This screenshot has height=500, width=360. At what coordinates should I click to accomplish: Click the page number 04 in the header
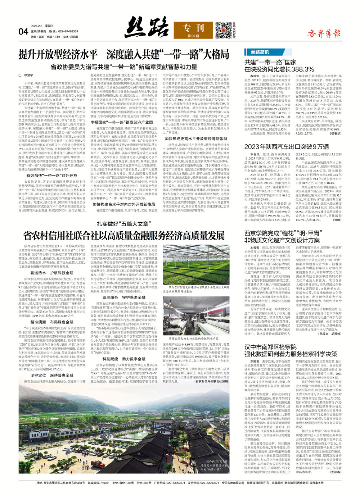pyautogui.click(x=23, y=31)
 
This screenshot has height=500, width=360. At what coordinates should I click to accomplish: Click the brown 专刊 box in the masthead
pyautogui.click(x=193, y=29)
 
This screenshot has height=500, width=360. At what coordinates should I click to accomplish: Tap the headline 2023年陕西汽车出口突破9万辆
pyautogui.click(x=287, y=146)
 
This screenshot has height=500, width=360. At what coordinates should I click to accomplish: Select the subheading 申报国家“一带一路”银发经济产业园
pyautogui.click(x=122, y=122)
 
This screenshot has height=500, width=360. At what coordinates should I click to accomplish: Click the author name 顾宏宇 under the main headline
pyautogui.click(x=28, y=75)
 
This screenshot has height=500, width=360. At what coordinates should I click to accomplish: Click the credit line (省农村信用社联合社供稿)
pyautogui.click(x=211, y=381)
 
